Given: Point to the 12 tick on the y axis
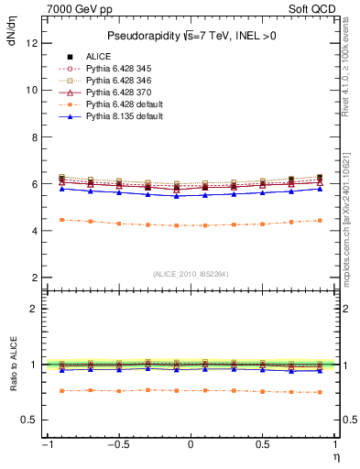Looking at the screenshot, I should (32, 43).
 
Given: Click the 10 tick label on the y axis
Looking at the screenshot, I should (32, 90).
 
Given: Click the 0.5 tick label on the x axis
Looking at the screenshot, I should (263, 445).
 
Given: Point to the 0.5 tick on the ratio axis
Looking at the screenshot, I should (31, 420).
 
